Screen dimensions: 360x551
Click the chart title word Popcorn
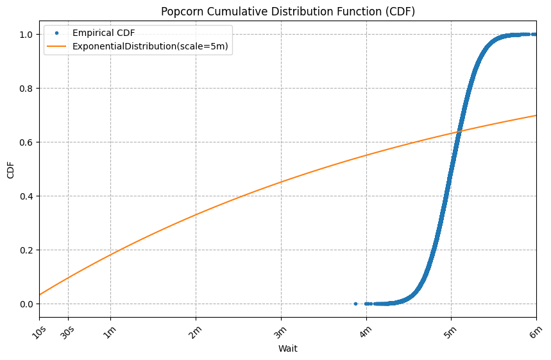pyautogui.click(x=180, y=12)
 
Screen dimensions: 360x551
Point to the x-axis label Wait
pyautogui.click(x=287, y=349)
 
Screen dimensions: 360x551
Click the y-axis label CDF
pyautogui.click(x=10, y=169)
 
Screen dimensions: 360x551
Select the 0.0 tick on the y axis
pyautogui.click(x=25, y=304)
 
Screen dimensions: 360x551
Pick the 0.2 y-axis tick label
pyautogui.click(x=25, y=250)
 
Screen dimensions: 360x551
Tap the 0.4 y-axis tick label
pyautogui.click(x=25, y=196)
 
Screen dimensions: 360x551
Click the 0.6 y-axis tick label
pyautogui.click(x=25, y=142)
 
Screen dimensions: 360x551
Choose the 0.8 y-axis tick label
pyautogui.click(x=25, y=88)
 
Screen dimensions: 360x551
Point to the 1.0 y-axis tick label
pyautogui.click(x=25, y=34)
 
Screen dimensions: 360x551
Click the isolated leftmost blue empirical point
pyautogui.click(x=355, y=304)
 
